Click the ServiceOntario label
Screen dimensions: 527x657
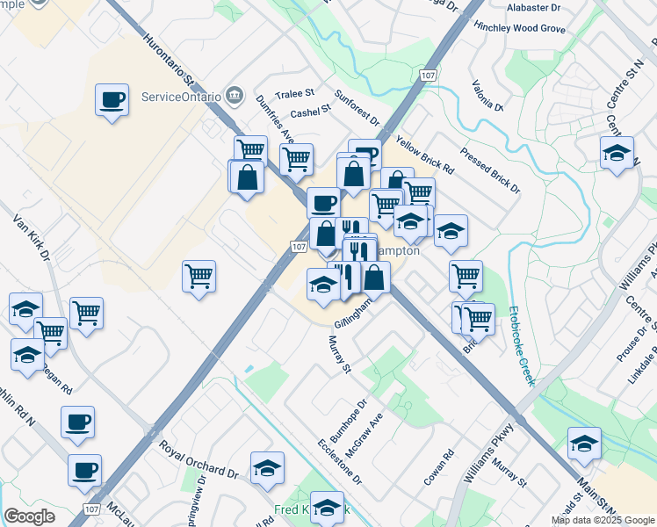(x=180, y=95)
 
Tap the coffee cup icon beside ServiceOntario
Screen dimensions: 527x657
(x=112, y=100)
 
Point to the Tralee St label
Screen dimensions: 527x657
(x=295, y=93)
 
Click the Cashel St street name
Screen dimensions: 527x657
(x=310, y=110)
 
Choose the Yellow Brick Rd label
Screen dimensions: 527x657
(x=424, y=154)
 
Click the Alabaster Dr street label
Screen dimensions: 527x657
(x=533, y=7)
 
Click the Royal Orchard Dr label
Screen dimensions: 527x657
(x=199, y=460)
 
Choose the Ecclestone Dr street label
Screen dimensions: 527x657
(x=340, y=461)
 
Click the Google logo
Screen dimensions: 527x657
(x=30, y=516)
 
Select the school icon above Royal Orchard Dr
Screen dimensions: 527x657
(x=267, y=469)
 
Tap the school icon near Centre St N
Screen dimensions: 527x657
(x=617, y=152)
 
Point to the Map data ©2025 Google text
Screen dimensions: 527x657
(x=602, y=520)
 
